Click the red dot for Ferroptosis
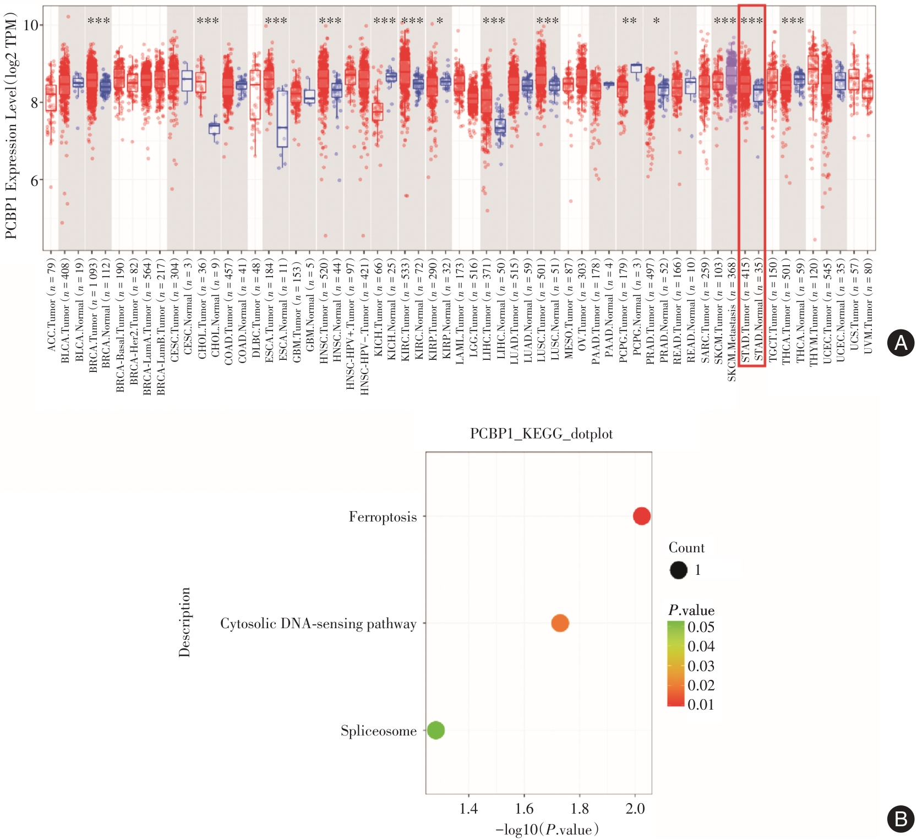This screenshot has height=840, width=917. (642, 516)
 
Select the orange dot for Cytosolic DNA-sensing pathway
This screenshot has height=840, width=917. (560, 623)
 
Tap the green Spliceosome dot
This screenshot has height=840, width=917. (435, 730)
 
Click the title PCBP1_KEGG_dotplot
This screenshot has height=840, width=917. (541, 434)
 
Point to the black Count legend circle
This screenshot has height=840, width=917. (679, 570)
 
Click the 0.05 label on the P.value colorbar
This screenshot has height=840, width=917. (701, 627)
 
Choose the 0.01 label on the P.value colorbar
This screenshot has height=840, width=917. (701, 705)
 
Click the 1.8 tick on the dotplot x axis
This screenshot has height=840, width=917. (580, 808)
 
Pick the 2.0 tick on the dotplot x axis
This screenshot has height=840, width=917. (635, 808)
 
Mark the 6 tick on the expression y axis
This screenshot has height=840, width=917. (34, 180)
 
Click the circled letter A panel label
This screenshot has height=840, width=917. (901, 343)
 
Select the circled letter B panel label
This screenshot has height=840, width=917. (901, 819)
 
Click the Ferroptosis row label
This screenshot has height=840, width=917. (383, 517)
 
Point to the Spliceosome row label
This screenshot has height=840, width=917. (378, 731)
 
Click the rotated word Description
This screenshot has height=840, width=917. (184, 622)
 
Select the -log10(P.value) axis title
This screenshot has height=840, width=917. (547, 830)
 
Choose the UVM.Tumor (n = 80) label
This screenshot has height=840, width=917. (868, 306)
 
